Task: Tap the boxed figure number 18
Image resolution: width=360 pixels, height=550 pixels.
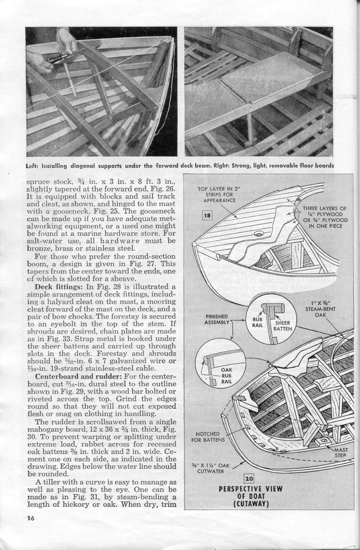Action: click(207, 216)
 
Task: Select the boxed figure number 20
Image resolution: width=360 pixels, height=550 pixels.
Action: click(248, 479)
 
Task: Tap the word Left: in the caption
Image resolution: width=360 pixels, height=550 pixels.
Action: click(32, 166)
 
